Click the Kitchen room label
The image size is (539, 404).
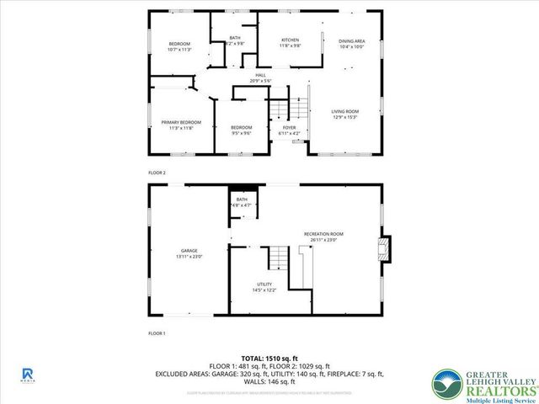tap(290, 40)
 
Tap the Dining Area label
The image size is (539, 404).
tap(351, 41)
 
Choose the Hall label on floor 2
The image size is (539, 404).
tap(261, 76)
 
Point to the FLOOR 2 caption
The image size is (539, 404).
tap(157, 173)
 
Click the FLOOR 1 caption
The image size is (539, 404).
tap(157, 333)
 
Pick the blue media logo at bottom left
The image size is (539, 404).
tap(27, 374)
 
